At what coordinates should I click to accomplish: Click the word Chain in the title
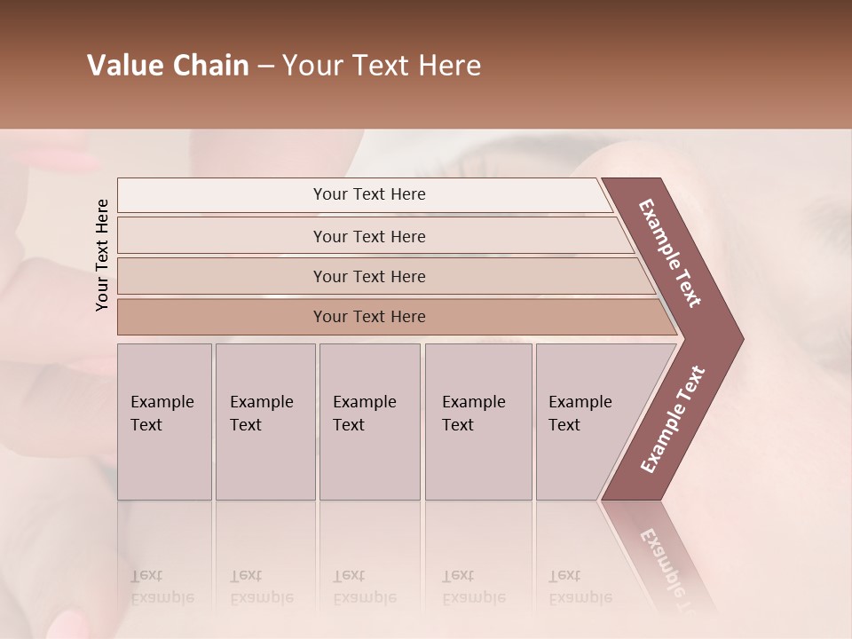tap(210, 66)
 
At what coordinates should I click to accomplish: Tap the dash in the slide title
tap(265, 67)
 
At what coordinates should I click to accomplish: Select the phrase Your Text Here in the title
tap(382, 66)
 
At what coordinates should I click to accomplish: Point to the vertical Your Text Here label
tap(102, 255)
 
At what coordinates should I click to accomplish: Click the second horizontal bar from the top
tap(369, 236)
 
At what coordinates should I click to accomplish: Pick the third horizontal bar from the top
tap(369, 276)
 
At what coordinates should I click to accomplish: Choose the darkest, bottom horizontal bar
tap(369, 317)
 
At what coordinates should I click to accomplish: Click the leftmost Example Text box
tap(164, 422)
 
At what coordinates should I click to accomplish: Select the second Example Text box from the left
tap(264, 422)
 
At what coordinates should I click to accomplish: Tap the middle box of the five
tap(369, 422)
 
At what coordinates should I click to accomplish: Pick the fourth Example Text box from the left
tap(477, 422)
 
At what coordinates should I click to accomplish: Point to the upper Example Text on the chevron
tap(671, 253)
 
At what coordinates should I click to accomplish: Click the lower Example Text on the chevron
tap(674, 420)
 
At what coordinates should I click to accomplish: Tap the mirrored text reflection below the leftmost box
tap(162, 587)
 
